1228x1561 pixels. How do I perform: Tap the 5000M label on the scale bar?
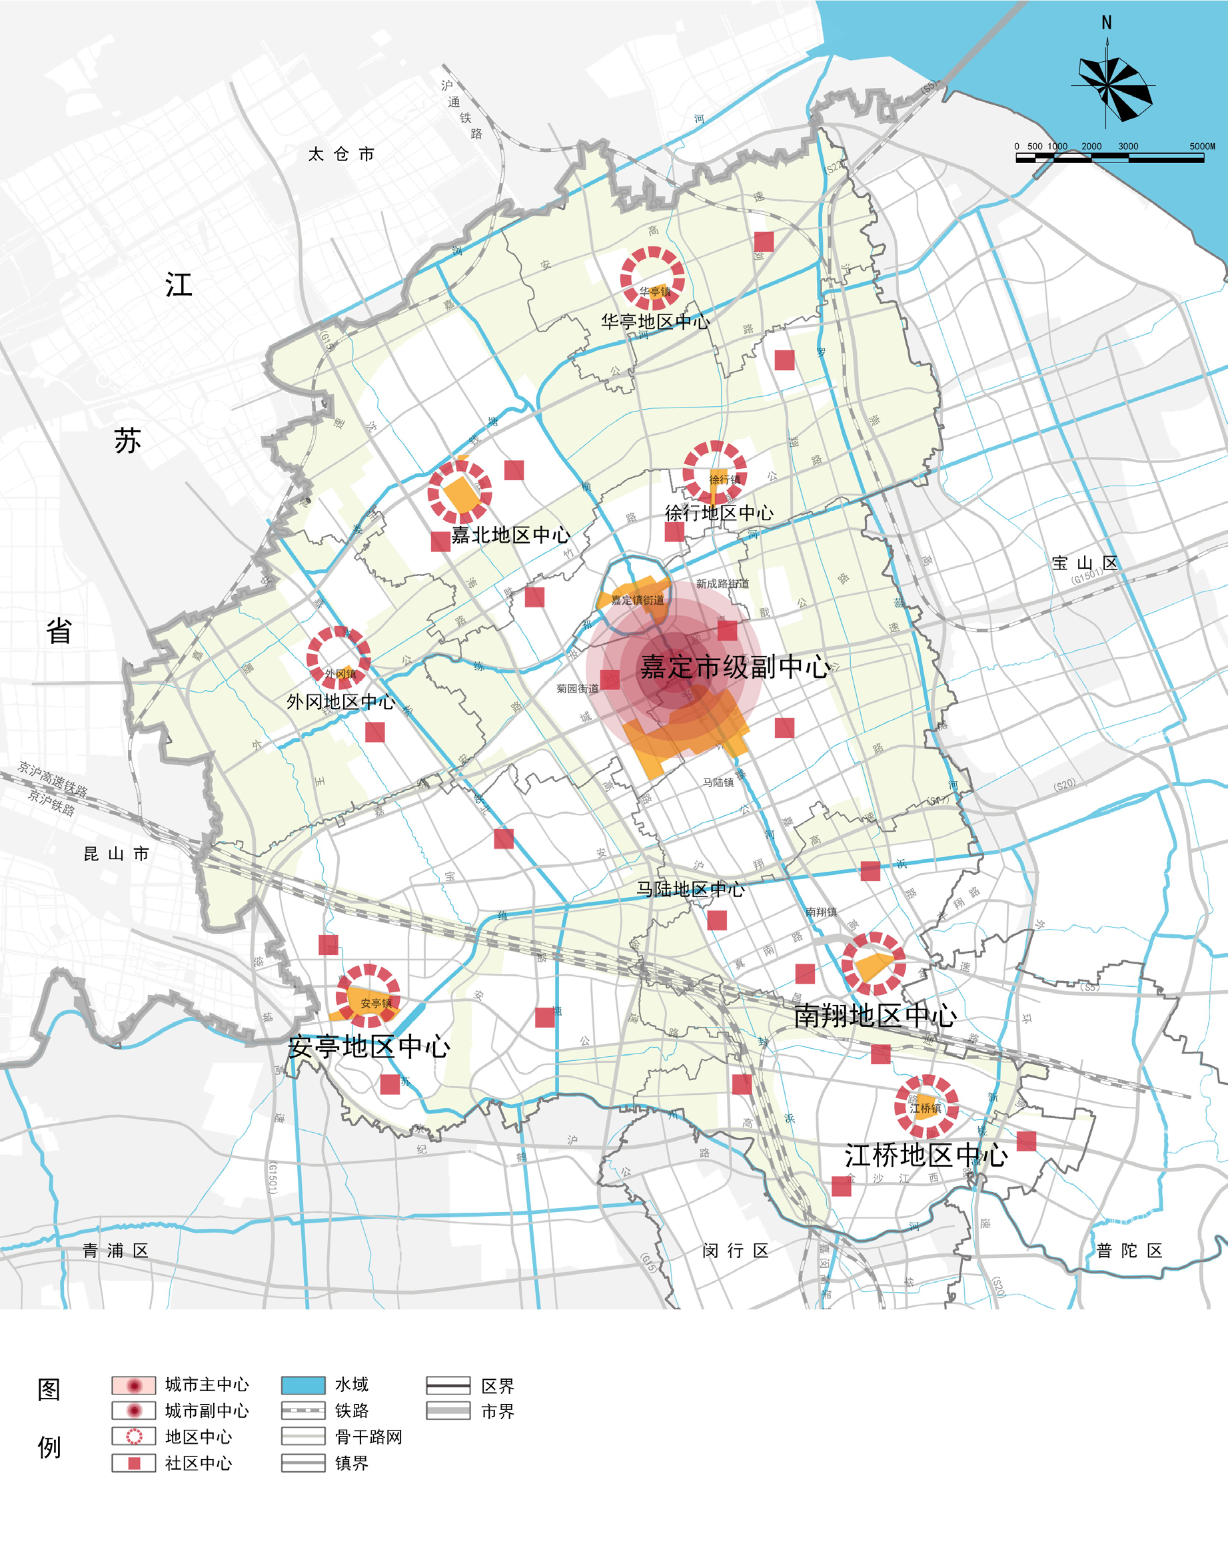[1201, 146]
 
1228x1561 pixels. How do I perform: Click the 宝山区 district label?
[1085, 563]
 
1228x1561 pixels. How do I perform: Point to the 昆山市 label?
[117, 854]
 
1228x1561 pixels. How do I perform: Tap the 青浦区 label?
[115, 1251]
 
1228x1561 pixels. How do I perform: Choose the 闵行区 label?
[736, 1251]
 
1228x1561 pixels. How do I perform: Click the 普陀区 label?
[1129, 1251]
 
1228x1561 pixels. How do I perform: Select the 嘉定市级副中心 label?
[735, 667]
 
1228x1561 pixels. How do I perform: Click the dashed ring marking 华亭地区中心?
[652, 279]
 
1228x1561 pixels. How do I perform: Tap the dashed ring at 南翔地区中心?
[873, 964]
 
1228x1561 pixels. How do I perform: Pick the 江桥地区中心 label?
[926, 1155]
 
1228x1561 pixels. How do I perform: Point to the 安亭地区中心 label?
[369, 1046]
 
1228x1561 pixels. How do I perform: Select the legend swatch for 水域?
[303, 1385]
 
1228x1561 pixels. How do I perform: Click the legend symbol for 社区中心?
[134, 1462]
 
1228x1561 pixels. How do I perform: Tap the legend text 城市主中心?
[207, 1385]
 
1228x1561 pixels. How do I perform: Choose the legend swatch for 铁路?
[303, 1410]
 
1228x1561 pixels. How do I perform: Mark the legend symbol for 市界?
[448, 1410]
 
